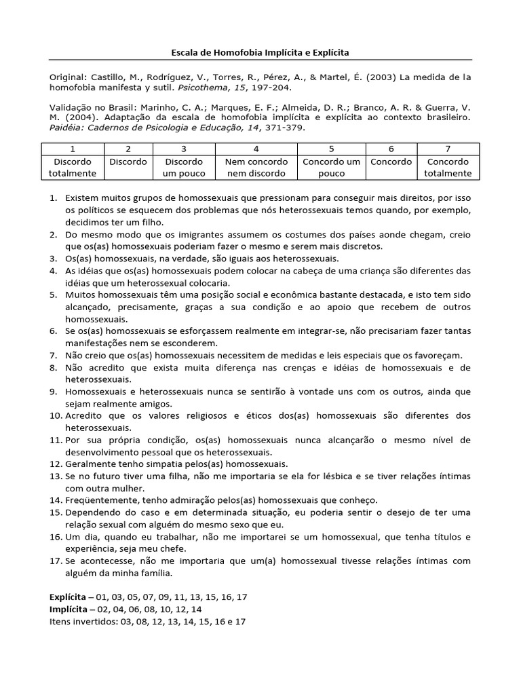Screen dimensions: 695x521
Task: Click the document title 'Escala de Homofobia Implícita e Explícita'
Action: (x=260, y=52)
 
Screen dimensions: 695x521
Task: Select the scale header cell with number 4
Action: (x=256, y=149)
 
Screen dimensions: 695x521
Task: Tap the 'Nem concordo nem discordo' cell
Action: (x=256, y=168)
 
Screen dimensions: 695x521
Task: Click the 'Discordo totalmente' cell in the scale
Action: (x=73, y=168)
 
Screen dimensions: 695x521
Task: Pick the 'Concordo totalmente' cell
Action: (x=448, y=168)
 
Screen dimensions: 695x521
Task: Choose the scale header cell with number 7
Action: (x=448, y=149)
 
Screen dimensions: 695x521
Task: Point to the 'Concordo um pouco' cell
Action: (x=331, y=168)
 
